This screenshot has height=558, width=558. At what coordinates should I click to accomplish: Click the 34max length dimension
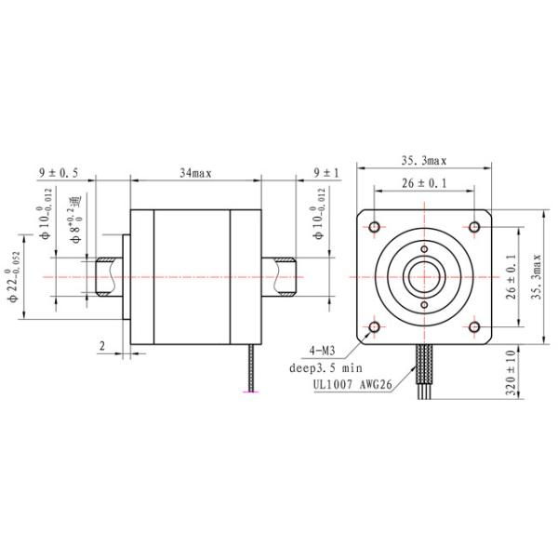[195, 173]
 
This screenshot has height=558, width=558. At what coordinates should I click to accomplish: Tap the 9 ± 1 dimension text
[326, 173]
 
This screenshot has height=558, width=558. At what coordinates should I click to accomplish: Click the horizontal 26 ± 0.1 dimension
[424, 184]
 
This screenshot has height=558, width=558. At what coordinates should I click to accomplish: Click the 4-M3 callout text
[322, 351]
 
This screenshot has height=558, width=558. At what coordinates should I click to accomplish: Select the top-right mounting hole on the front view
[473, 227]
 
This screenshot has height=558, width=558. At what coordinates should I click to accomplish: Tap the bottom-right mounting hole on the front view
[473, 326]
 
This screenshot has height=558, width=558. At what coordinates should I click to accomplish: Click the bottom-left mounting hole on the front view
[375, 326]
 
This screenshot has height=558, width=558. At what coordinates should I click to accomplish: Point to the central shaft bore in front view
[424, 277]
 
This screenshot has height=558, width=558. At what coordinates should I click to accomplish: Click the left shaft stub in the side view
[105, 277]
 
